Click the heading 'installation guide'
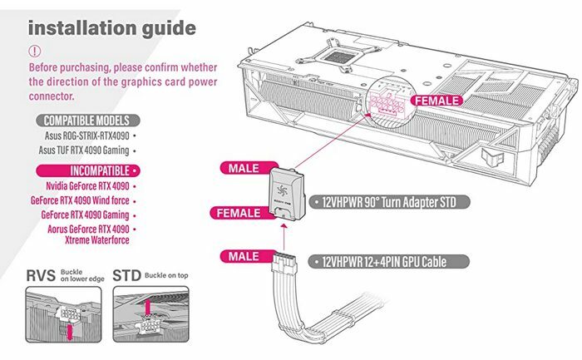click(112, 28)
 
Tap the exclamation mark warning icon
click(35, 51)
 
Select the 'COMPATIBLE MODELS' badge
click(88, 121)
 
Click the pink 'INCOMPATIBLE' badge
click(88, 170)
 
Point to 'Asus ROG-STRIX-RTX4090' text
click(86, 136)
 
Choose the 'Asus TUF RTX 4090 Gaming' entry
click(84, 150)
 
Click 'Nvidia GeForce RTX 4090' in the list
click(87, 185)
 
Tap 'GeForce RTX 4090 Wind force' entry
click(80, 200)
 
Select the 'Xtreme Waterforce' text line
click(97, 240)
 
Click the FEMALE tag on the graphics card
click(436, 101)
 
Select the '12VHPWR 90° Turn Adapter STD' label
click(389, 202)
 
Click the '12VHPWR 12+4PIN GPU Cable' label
click(389, 262)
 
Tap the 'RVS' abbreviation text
click(41, 276)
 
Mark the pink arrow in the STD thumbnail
click(148, 306)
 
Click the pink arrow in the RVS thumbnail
click(69, 333)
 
